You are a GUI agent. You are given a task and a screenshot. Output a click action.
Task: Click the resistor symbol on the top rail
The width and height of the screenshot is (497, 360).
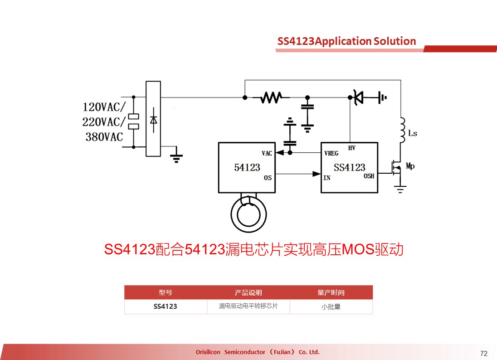click(x=271, y=97)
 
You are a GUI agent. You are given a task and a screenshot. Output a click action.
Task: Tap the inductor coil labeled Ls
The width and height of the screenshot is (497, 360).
click(x=402, y=130)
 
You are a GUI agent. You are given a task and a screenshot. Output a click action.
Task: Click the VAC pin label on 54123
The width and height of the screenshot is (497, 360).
click(x=267, y=153)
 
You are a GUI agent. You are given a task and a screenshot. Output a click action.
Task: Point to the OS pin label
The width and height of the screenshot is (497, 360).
click(x=268, y=178)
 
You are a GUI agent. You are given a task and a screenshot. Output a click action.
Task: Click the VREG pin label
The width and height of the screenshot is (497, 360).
click(x=331, y=153)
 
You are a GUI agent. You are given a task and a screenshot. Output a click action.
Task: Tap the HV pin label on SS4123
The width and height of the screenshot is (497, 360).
click(x=351, y=148)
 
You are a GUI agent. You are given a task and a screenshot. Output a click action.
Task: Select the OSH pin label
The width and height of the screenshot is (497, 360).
click(x=369, y=176)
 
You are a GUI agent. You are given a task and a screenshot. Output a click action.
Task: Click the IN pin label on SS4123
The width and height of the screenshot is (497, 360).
click(x=327, y=178)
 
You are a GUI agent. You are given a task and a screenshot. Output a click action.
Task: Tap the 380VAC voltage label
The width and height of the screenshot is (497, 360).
click(x=104, y=137)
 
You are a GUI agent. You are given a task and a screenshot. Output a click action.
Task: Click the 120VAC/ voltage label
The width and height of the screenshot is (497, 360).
click(x=104, y=107)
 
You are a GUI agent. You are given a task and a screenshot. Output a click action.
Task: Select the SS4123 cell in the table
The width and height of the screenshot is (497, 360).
click(x=166, y=306)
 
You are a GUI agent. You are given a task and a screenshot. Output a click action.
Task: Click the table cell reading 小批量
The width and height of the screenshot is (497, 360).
click(x=331, y=306)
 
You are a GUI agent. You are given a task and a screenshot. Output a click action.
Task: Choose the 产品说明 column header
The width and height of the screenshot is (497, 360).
click(x=248, y=292)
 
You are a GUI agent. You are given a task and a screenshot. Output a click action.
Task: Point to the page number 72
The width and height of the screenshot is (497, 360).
click(x=484, y=353)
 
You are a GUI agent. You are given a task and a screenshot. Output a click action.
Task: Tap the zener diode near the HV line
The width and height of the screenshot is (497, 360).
click(x=358, y=97)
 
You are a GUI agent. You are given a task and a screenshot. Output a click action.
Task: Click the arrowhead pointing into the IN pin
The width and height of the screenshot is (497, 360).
click(x=317, y=174)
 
